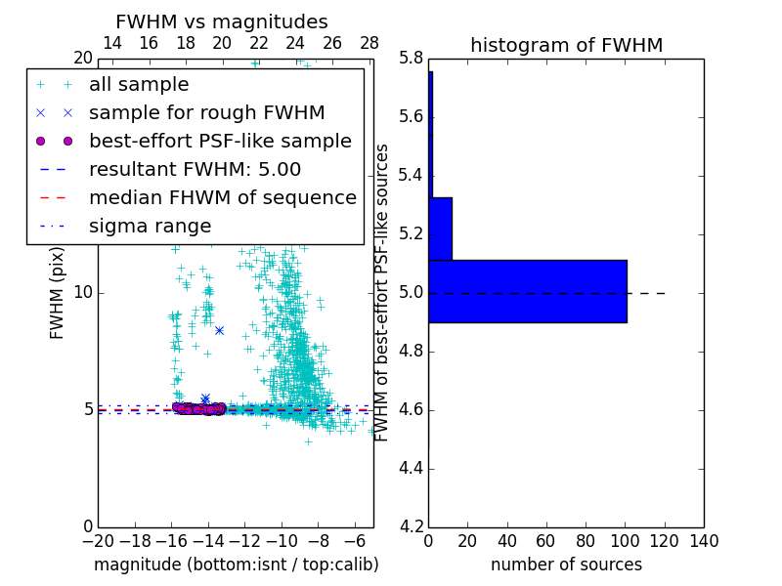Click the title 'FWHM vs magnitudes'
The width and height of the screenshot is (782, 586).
point(221,21)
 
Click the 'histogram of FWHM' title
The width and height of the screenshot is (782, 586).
point(566,45)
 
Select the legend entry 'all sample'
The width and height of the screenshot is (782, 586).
point(139,85)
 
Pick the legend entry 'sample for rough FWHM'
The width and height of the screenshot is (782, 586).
point(206,112)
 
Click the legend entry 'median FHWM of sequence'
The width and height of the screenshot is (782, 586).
point(222,197)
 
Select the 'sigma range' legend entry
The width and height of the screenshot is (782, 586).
point(150,226)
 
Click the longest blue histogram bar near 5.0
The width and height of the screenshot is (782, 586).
point(527,291)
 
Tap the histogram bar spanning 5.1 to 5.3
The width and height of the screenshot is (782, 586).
point(440,229)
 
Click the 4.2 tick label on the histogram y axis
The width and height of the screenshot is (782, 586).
point(410,526)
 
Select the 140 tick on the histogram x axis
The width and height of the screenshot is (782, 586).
point(704,541)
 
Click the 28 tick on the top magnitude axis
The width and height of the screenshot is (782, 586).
point(369,43)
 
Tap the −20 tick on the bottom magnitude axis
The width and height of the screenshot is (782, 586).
point(98,541)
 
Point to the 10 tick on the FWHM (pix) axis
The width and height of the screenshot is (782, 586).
point(83,292)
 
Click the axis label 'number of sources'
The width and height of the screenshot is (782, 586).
point(566,565)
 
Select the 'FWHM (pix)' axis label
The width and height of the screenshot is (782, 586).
point(58,292)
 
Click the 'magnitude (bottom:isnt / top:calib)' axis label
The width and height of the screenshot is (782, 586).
point(236,565)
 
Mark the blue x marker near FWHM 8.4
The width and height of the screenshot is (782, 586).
point(219,330)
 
